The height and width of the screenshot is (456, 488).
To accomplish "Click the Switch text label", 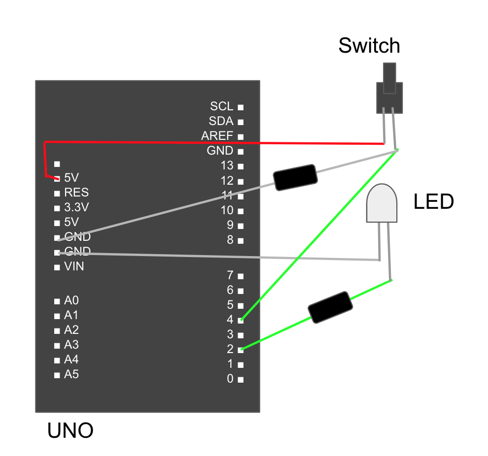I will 369,46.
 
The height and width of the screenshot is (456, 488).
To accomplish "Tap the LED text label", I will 434,202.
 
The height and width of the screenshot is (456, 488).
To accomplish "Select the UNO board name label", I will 70,431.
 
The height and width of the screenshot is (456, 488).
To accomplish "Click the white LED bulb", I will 382,202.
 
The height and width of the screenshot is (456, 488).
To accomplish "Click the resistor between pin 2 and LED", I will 330,307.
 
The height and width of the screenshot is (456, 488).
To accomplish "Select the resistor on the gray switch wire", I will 294,177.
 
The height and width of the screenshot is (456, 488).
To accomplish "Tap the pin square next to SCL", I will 241,107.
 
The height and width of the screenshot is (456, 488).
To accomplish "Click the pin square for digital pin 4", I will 241,320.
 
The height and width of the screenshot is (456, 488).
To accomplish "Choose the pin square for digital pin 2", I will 241,350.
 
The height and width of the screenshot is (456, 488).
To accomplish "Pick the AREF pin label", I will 217,136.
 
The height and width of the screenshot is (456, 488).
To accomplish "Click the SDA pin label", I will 220,121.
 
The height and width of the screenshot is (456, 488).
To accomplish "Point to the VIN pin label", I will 74,266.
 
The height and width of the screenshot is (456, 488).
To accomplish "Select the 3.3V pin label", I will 76,207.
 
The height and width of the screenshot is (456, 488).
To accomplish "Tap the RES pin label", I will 76,192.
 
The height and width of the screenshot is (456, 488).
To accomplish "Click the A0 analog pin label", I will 71,300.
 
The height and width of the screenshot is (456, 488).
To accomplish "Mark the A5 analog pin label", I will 71,374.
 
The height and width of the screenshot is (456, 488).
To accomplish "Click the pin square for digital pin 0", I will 241,380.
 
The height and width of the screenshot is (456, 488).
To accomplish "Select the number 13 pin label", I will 227,166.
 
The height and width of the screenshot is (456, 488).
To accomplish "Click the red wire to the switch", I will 212,143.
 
